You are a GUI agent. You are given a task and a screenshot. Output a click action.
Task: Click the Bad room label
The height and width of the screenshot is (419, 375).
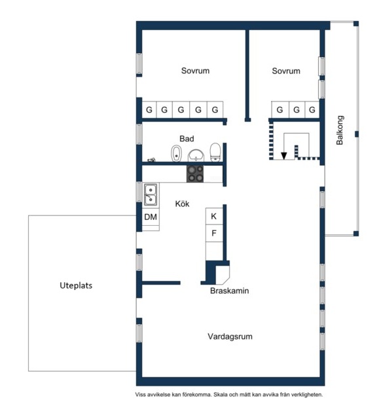(x=187, y=139)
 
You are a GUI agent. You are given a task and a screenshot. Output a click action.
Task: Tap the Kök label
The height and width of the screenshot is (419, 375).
(x=182, y=204)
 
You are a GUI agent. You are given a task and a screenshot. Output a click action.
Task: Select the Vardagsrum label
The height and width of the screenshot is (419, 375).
(x=230, y=336)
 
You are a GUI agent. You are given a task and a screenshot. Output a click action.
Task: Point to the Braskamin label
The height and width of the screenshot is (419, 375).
(x=230, y=291)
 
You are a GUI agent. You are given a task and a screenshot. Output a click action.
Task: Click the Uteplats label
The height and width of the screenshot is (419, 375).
(x=76, y=285)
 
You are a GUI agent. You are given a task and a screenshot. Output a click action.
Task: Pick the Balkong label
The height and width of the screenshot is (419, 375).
(x=340, y=130)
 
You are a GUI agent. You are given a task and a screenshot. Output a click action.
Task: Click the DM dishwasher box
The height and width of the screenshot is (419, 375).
(x=151, y=217)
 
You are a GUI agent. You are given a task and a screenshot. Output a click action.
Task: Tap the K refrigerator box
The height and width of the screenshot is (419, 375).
(x=214, y=216)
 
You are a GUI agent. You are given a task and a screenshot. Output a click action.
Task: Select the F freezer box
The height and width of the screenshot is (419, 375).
(x=214, y=233)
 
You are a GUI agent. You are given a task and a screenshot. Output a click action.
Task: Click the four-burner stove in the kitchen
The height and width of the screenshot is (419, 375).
(x=195, y=173)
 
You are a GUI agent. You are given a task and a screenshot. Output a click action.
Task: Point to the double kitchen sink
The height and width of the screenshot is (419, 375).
(x=151, y=195)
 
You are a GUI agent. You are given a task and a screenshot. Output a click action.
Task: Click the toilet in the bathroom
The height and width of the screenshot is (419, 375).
(x=215, y=153)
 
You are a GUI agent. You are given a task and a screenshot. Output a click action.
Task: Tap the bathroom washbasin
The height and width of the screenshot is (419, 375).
(x=196, y=156)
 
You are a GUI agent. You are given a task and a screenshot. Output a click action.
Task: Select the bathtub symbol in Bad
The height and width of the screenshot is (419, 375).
(x=176, y=153)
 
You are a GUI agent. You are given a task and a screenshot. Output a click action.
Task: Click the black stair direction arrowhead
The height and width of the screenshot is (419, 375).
(x=283, y=156)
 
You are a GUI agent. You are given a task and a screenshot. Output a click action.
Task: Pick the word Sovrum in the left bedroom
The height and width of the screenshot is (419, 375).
(x=195, y=71)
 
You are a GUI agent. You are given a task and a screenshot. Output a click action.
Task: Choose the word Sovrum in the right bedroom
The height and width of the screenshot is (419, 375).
(x=286, y=71)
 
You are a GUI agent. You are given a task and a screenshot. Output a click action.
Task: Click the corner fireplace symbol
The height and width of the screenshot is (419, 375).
(x=223, y=275)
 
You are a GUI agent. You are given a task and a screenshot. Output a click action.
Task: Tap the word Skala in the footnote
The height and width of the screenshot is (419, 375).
(x=220, y=394)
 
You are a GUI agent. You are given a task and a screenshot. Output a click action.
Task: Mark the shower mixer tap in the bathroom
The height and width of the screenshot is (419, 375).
(x=152, y=160)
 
